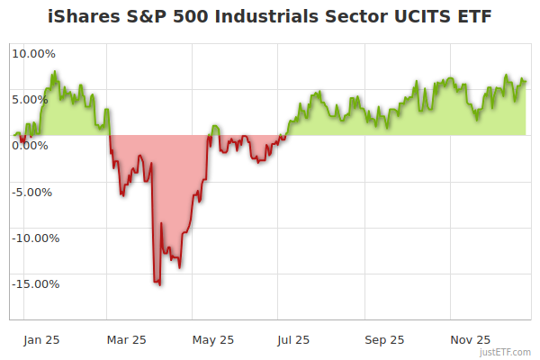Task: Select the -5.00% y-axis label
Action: [33, 192]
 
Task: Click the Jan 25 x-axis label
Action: [41, 339]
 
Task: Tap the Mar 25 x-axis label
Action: [126, 339]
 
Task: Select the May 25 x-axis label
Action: [213, 339]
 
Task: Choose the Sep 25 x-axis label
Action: [384, 339]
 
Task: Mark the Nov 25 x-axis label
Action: [470, 339]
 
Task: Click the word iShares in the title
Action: [82, 17]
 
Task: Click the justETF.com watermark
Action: [506, 353]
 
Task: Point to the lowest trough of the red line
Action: [159, 285]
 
